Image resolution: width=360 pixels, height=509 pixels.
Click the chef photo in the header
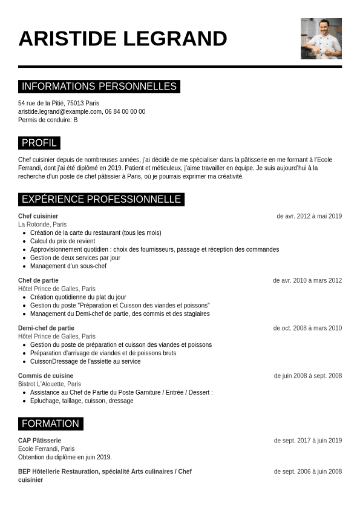click(321, 39)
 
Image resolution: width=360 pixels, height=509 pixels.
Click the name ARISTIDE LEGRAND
click(123, 39)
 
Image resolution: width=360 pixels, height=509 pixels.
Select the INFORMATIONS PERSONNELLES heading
click(99, 87)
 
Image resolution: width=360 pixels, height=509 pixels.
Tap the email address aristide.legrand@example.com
click(60, 112)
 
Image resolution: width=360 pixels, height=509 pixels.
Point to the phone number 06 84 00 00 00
click(125, 112)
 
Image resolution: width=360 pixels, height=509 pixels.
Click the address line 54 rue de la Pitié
click(59, 103)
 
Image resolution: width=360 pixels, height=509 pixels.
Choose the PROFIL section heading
click(39, 143)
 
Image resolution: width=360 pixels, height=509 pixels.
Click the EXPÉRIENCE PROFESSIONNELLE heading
click(101, 199)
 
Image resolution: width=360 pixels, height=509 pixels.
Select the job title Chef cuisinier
click(38, 216)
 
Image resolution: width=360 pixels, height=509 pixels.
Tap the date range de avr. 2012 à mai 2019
click(309, 216)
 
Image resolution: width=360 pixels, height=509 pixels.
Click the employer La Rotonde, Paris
click(42, 225)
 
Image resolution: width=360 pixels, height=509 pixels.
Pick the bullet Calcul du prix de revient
click(62, 241)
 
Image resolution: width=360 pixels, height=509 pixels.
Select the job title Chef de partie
click(38, 280)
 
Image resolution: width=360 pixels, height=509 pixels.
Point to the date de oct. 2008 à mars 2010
click(307, 328)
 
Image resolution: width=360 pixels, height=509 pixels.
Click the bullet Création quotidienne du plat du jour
click(78, 297)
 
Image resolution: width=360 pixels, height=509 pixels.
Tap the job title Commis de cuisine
click(45, 376)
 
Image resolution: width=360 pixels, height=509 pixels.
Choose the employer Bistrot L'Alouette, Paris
click(50, 384)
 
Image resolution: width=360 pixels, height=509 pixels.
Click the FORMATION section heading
click(51, 424)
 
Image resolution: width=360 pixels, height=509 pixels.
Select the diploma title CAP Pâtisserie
click(39, 441)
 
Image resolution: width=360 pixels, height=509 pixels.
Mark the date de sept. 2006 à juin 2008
click(307, 471)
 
